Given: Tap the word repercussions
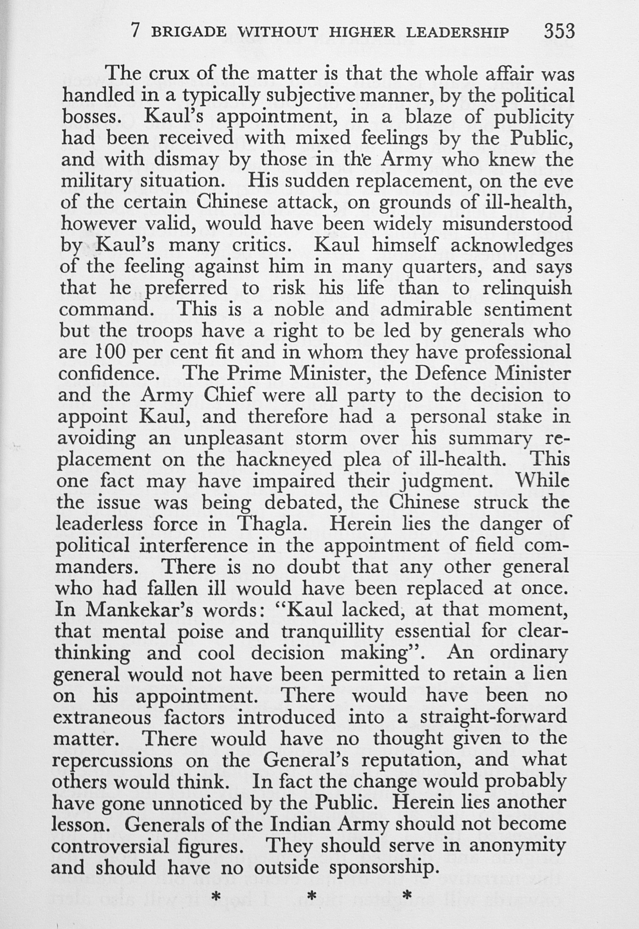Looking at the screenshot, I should point(112,760).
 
